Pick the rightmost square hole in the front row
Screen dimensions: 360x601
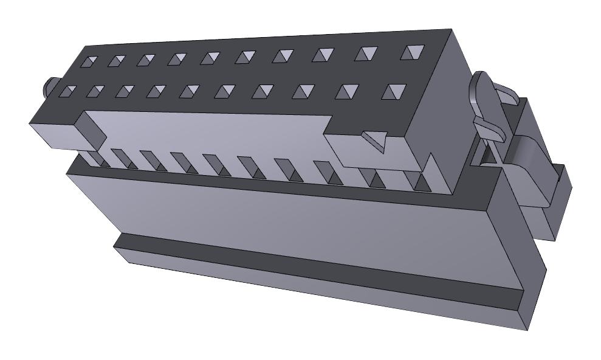point(396,92)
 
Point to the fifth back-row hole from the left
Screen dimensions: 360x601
point(210,58)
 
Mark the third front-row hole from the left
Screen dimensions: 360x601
point(125,91)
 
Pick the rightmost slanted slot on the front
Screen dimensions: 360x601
point(419,181)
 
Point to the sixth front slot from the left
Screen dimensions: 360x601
point(250,167)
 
